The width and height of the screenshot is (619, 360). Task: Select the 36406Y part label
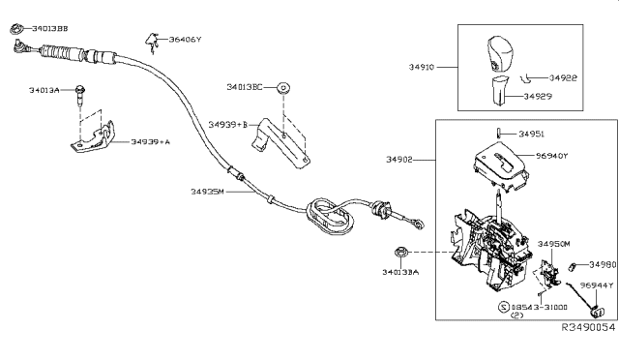pos(186,41)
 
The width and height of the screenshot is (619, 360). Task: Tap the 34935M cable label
pos(207,192)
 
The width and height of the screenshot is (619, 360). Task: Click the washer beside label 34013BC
pos(282,88)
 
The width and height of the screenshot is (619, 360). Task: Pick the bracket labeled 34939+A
pos(94,138)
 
